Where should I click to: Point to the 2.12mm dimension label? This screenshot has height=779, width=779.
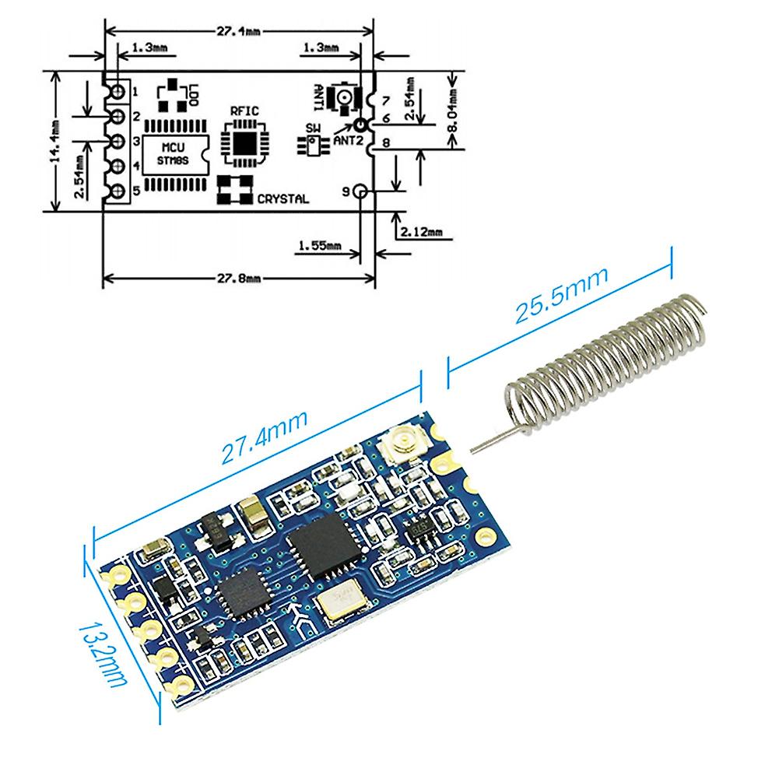click(x=419, y=232)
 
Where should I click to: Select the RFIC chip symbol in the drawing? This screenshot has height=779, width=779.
click(x=243, y=142)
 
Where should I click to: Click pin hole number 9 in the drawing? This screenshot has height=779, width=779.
click(x=360, y=191)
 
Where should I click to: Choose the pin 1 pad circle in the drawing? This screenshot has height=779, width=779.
click(x=118, y=92)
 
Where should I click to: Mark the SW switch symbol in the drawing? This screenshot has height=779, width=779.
click(x=312, y=144)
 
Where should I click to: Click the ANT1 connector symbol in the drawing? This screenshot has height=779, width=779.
click(x=342, y=97)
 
